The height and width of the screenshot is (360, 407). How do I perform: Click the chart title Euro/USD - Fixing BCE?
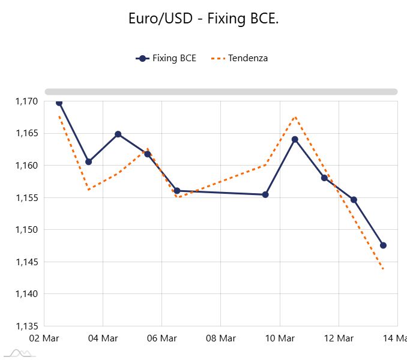[203, 19]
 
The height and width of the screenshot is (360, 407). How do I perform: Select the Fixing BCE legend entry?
[166, 58]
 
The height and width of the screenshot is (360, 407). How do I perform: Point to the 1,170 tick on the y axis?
[26, 101]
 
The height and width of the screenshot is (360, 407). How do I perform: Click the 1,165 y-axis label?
[26, 133]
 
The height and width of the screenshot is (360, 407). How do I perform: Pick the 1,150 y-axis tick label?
[26, 230]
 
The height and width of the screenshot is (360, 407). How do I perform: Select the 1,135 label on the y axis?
[26, 326]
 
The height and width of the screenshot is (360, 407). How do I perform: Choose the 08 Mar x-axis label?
[220, 339]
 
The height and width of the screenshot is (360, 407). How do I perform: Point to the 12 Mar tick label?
[338, 339]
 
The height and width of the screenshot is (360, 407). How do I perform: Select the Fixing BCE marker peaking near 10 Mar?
[295, 139]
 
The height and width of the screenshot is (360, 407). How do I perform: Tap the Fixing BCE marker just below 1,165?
[118, 134]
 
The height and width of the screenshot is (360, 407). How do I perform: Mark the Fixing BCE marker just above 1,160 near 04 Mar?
[88, 161]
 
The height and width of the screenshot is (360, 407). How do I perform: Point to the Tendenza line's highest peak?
[295, 117]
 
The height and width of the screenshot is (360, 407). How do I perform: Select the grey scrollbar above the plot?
[221, 92]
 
